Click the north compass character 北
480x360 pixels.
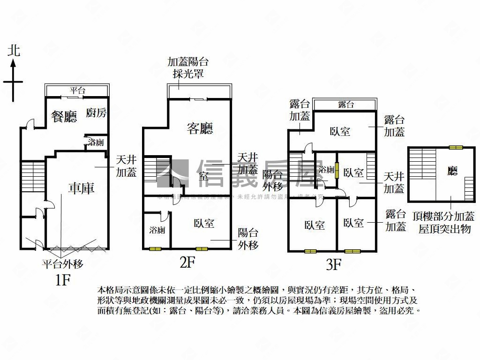pyautogui.click(x=14, y=51)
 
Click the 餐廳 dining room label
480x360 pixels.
pyautogui.click(x=64, y=117)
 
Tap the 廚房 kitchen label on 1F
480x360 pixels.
pyautogui.click(x=97, y=113)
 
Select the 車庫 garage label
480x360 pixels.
pyautogui.click(x=81, y=188)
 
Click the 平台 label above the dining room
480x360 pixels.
pyautogui.click(x=78, y=90)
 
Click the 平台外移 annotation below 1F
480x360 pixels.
pyautogui.click(x=62, y=264)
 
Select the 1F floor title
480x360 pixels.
pyautogui.click(x=63, y=280)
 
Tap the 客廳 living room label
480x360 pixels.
pyautogui.click(x=200, y=128)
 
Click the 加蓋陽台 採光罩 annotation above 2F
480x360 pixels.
pyautogui.click(x=188, y=68)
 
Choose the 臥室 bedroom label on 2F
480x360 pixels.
pyautogui.click(x=204, y=224)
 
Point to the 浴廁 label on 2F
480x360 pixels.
pyautogui.click(x=157, y=230)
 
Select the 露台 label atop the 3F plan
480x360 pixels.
pyautogui.click(x=345, y=105)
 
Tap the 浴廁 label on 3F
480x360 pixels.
pyautogui.click(x=326, y=170)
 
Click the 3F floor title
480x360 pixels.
pyautogui.click(x=333, y=265)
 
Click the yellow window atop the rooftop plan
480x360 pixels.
pyautogui.click(x=455, y=148)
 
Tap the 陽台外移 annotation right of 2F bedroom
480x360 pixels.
pyautogui.click(x=247, y=238)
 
